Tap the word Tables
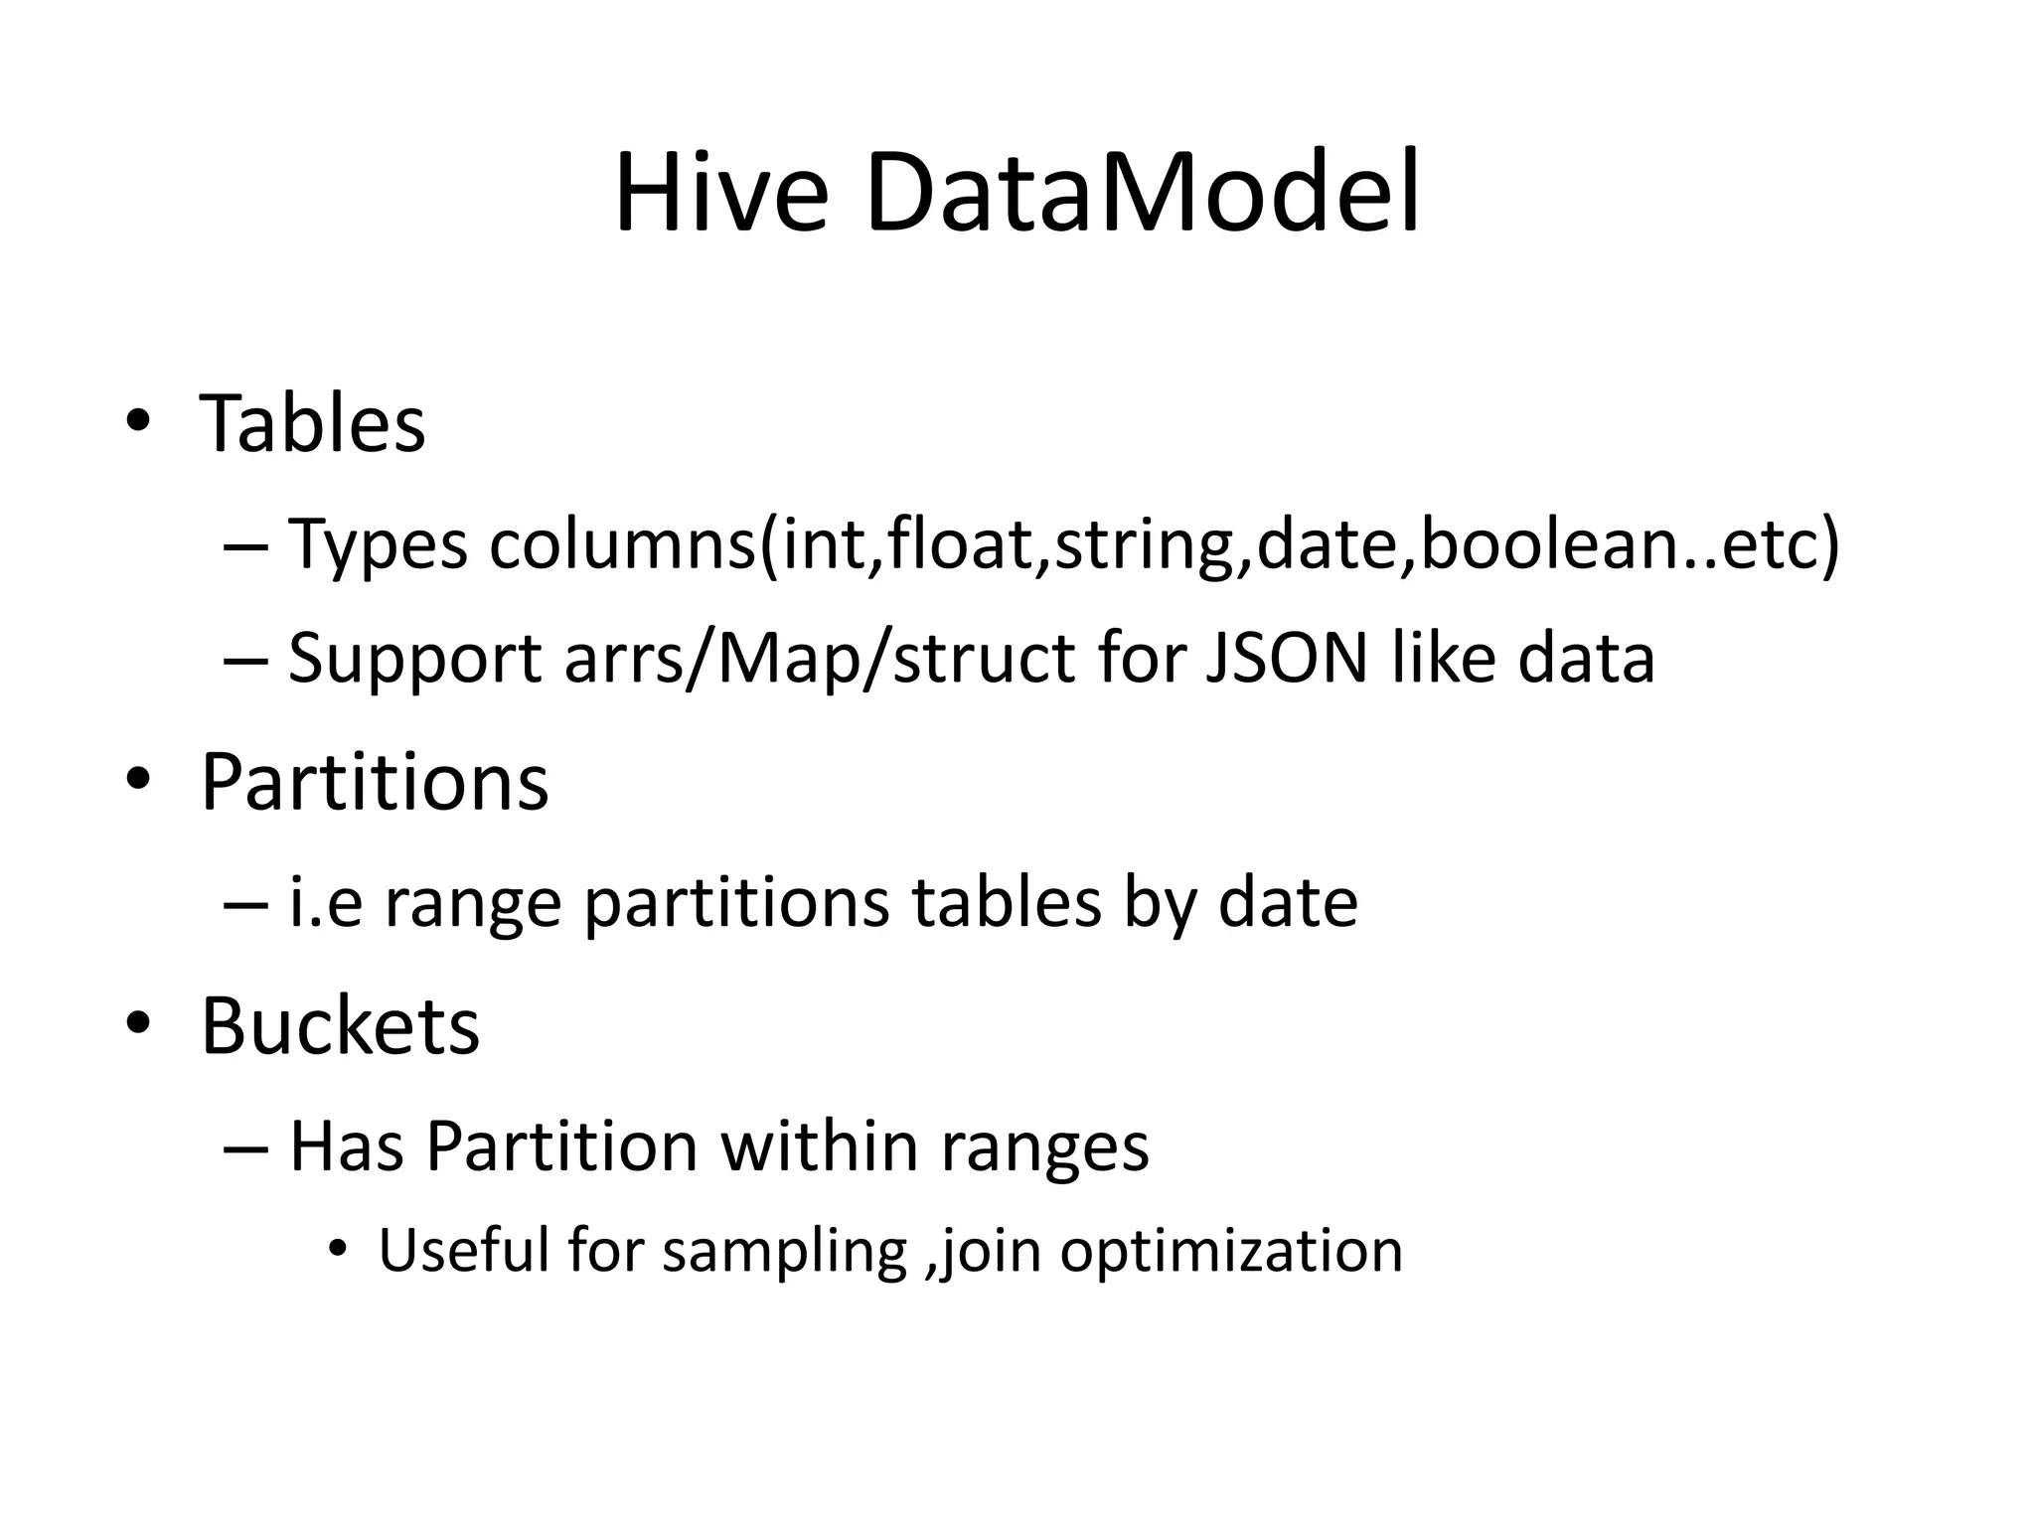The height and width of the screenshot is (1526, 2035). point(313,423)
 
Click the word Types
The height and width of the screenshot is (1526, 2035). point(378,546)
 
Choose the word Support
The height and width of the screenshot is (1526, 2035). point(414,660)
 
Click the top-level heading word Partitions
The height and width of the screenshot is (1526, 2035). point(375,782)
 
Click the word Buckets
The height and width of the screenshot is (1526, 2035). point(340,1025)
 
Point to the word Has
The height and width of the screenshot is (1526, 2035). point(347,1146)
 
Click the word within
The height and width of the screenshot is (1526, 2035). point(819,1146)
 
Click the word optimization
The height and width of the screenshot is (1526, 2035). point(1231,1252)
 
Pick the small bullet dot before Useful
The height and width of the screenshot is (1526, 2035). point(338,1249)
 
